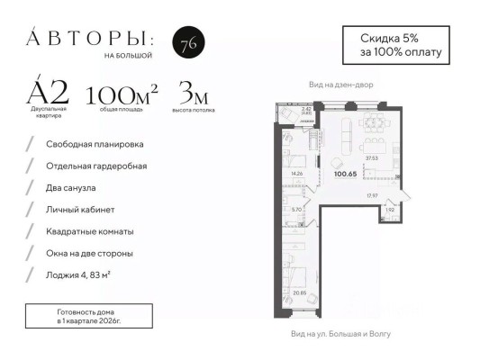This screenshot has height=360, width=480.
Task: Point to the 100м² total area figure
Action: click(x=122, y=94)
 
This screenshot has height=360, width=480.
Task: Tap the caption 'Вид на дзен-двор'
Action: click(x=340, y=85)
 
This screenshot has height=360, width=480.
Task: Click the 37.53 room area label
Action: click(x=370, y=157)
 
